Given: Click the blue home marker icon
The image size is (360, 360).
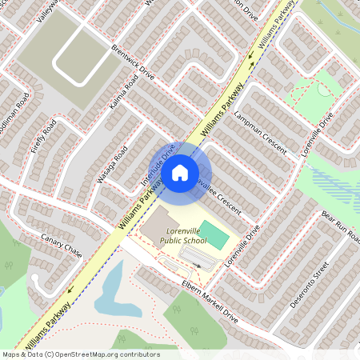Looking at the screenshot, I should click(180, 172).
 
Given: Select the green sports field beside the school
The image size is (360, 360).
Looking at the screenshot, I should click(214, 234).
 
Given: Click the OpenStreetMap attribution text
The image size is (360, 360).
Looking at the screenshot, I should click(80, 354).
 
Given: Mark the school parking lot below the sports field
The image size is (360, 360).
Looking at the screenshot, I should click(196, 256).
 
